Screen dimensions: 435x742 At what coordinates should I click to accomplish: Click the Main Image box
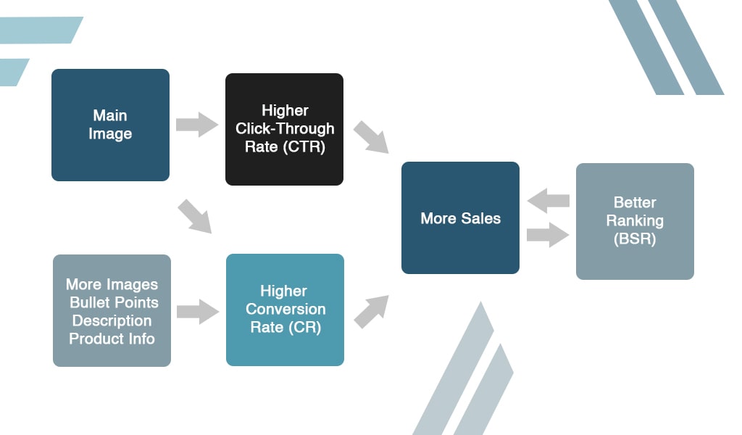coord(110,125)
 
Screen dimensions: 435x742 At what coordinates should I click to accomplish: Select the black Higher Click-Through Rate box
coord(284,129)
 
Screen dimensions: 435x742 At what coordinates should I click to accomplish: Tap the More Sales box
coord(460,217)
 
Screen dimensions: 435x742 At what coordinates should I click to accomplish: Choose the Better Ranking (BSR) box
coord(635,221)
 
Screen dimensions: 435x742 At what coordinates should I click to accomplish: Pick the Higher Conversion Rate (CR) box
coord(285,310)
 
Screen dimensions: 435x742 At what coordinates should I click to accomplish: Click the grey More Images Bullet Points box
coord(112,310)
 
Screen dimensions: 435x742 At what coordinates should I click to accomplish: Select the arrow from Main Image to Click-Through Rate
coord(197,124)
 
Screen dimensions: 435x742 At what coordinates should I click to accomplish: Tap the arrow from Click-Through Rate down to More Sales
coord(372,138)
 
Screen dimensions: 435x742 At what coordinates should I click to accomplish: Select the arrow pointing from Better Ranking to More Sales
coord(548,200)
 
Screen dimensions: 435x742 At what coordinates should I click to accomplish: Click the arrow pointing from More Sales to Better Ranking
coord(549,235)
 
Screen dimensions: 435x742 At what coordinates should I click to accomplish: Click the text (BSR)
coord(634,239)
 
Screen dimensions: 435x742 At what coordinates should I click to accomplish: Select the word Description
coord(112,320)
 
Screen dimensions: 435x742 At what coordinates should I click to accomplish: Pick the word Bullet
coord(91,302)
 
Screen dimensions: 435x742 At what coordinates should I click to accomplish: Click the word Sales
coord(480,218)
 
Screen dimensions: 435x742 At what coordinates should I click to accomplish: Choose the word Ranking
coord(635,220)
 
